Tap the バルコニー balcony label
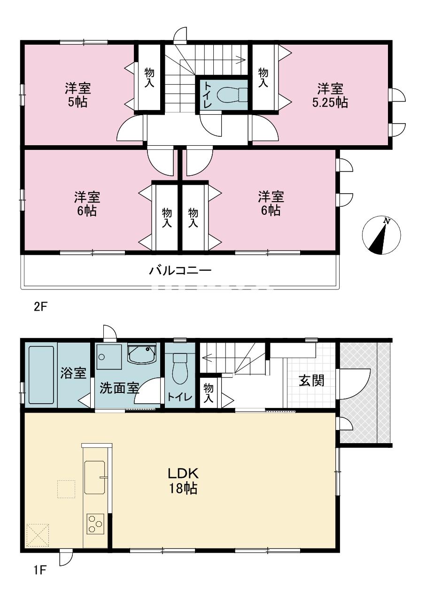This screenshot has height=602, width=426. (180, 271)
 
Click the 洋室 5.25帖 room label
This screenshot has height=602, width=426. (330, 95)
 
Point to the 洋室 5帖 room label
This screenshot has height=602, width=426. (77, 95)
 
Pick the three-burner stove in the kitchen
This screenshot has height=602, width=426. (95, 524)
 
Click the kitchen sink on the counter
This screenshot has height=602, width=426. (96, 477)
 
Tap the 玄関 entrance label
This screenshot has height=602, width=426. (311, 380)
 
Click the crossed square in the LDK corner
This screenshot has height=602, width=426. (38, 535)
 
